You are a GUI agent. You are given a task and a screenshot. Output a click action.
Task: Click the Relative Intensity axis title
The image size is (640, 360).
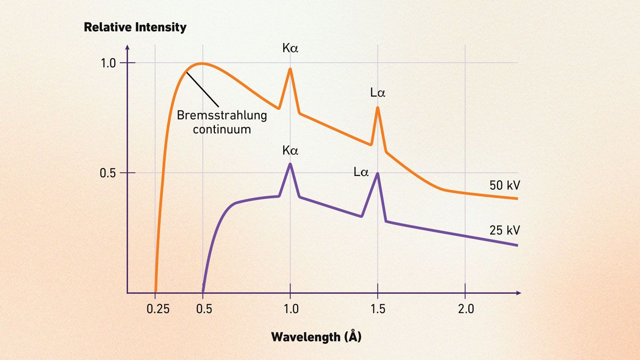pyautogui.click(x=135, y=27)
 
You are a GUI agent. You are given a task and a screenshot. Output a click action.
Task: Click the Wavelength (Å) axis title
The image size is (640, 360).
pyautogui.click(x=316, y=337)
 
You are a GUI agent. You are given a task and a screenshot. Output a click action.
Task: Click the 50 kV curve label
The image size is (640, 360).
pyautogui.click(x=504, y=186)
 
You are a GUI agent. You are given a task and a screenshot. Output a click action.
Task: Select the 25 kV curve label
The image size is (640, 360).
pyautogui.click(x=504, y=230)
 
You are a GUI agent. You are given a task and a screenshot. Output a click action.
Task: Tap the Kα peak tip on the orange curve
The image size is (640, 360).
pyautogui.click(x=290, y=69)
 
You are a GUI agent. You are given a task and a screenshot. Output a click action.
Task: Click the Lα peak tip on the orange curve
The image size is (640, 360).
pyautogui.click(x=378, y=107)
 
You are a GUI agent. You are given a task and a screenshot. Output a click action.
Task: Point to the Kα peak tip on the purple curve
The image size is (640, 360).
pyautogui.click(x=290, y=163)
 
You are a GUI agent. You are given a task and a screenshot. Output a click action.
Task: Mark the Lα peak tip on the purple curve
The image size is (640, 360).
pyautogui.click(x=378, y=173)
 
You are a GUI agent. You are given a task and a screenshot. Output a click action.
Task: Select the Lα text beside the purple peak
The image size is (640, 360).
pyautogui.click(x=361, y=172)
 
